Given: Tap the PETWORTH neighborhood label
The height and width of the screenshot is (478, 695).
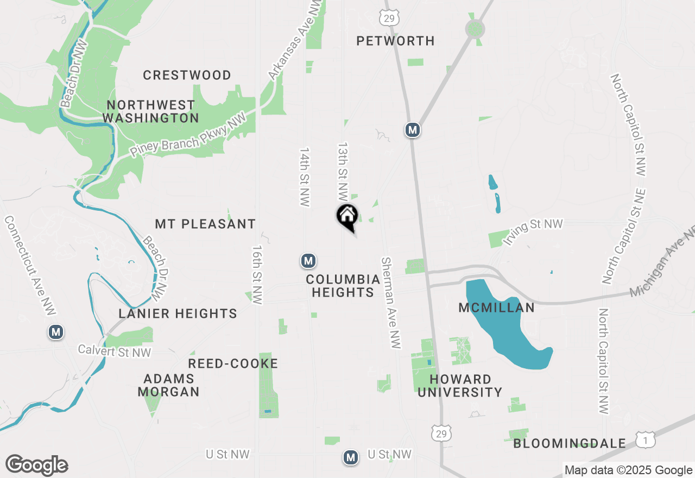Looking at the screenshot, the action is pyautogui.click(x=395, y=41).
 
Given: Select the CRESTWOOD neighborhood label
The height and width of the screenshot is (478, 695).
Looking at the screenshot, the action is pyautogui.click(x=187, y=75).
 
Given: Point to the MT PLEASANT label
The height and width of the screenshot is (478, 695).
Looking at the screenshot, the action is pyautogui.click(x=205, y=224).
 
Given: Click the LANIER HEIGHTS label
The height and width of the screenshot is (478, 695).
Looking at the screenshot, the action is pyautogui.click(x=178, y=313).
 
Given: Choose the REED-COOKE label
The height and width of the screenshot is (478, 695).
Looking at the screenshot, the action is pyautogui.click(x=233, y=363).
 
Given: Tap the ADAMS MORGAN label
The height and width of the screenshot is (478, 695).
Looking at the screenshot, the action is pyautogui.click(x=168, y=385).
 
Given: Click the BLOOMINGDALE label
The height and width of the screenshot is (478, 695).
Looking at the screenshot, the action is pyautogui.click(x=570, y=443).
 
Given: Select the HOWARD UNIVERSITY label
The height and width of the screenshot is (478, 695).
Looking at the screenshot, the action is pyautogui.click(x=460, y=386).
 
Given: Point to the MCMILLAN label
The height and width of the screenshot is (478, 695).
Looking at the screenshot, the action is pyautogui.click(x=496, y=307).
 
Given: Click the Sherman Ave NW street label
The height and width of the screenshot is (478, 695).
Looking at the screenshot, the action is pyautogui.click(x=390, y=303).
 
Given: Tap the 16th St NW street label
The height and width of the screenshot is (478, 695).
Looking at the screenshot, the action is pyautogui.click(x=257, y=274).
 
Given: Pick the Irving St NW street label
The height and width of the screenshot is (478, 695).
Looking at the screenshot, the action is pyautogui.click(x=533, y=232).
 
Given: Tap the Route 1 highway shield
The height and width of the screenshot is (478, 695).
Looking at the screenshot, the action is pyautogui.click(x=645, y=441).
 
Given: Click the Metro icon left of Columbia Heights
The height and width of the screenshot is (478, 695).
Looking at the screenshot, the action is pyautogui.click(x=308, y=261).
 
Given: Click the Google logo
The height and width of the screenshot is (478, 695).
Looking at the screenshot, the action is pyautogui.click(x=37, y=466).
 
